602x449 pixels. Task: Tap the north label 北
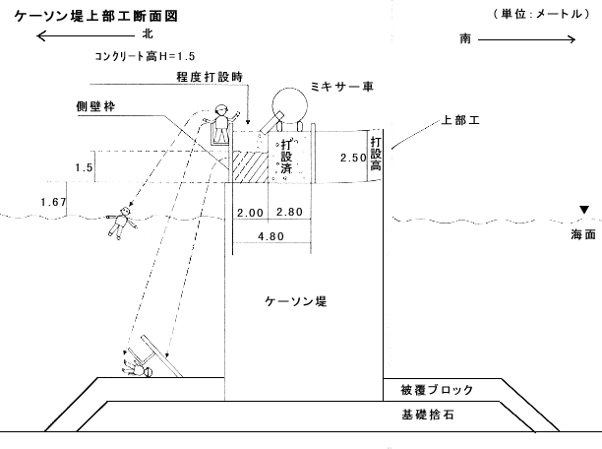click(148, 32)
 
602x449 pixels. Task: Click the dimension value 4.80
click(270, 235)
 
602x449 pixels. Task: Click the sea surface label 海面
click(582, 236)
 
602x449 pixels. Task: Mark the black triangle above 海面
click(584, 210)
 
